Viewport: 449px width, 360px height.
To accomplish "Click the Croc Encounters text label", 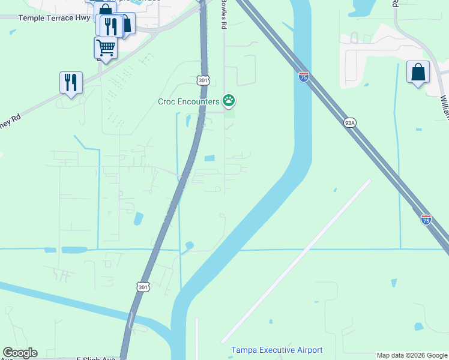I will [x=188, y=101].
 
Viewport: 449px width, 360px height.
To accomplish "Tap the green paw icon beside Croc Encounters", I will [x=229, y=101].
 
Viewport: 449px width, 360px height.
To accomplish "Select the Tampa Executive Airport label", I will [x=277, y=350].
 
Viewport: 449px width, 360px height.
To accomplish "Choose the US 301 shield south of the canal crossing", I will [x=143, y=287].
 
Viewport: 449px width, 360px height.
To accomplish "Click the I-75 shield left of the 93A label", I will [x=303, y=76].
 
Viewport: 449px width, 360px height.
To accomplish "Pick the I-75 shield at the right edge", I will [x=426, y=220].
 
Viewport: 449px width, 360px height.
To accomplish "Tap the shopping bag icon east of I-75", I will [x=418, y=73].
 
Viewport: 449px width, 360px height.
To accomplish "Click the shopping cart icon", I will [x=106, y=47].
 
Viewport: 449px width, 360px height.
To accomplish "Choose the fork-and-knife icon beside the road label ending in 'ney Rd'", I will [x=71, y=83].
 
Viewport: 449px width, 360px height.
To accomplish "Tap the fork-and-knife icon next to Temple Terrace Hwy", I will [x=110, y=26].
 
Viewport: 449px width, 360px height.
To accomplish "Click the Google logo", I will [x=20, y=353].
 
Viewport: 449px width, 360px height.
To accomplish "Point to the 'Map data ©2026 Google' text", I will [x=412, y=355].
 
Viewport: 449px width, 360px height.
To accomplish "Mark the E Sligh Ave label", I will [x=95, y=358].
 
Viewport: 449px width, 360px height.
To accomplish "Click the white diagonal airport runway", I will [x=296, y=261].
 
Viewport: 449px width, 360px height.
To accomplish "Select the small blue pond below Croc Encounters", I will [x=209, y=158].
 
